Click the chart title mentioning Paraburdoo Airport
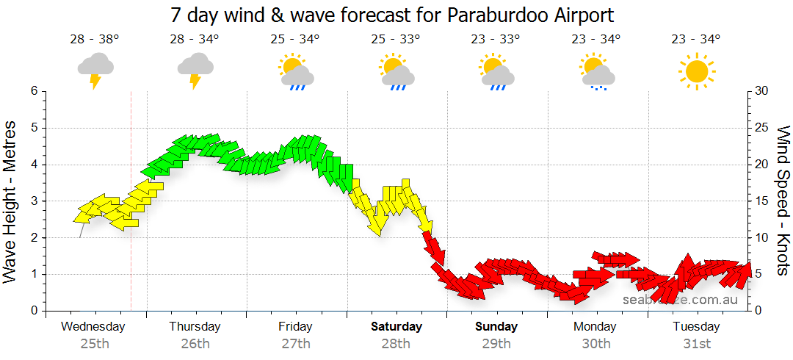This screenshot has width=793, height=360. (x=392, y=15)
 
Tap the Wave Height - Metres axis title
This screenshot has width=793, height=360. (x=10, y=201)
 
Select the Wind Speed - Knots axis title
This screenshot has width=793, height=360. (x=782, y=201)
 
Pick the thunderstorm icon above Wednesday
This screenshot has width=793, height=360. (x=95, y=70)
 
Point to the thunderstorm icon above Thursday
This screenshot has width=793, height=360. (x=195, y=70)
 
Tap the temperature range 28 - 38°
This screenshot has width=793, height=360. (x=95, y=40)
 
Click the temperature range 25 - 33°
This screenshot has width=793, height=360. (x=395, y=40)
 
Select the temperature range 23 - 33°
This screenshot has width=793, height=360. (x=496, y=40)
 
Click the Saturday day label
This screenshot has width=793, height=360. (x=396, y=326)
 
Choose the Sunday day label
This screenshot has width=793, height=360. (x=496, y=326)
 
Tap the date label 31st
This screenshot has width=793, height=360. (x=696, y=343)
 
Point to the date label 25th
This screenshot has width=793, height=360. (x=95, y=343)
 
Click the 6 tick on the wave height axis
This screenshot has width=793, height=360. (x=33, y=91)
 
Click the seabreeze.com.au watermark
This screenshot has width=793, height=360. (x=681, y=299)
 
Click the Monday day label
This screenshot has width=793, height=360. (x=595, y=326)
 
